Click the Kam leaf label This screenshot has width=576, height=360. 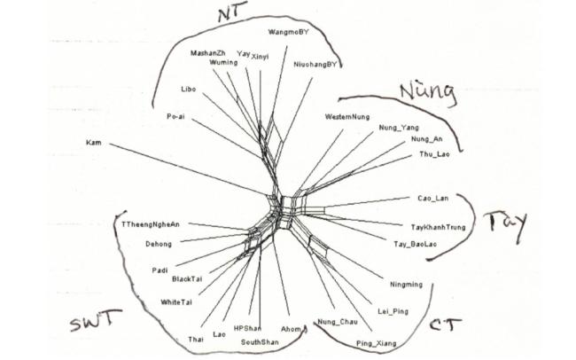click(x=94, y=142)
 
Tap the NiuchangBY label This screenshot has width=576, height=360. click(x=314, y=65)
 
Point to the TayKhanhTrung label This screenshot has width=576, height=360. click(x=439, y=227)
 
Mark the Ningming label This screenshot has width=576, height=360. click(x=407, y=285)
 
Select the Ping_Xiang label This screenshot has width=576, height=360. click(x=376, y=342)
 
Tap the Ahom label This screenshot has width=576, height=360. click(x=291, y=328)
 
